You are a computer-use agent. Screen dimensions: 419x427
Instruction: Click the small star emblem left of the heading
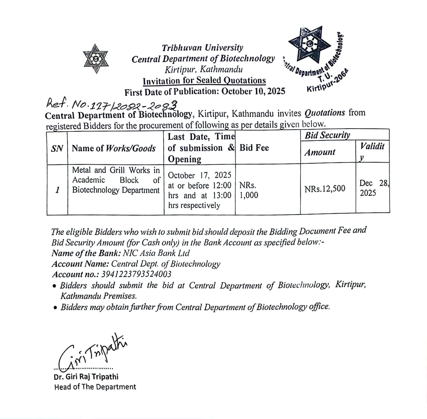96,59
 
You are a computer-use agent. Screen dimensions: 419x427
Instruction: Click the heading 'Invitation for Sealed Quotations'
204,81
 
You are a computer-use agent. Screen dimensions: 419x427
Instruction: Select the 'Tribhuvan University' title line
202,48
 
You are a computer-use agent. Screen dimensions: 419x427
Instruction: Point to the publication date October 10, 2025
253,91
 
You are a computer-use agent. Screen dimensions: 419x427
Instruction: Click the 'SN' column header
57,148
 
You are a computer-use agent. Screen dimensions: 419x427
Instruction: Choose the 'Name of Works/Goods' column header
114,148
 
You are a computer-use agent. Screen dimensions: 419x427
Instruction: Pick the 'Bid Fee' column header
254,148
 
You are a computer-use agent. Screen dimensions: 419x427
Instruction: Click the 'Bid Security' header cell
327,135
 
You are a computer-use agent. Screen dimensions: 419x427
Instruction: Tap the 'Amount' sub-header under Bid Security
320,152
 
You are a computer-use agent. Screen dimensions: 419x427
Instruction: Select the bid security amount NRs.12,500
325,189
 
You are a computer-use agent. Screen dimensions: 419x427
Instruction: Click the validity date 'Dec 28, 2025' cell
373,188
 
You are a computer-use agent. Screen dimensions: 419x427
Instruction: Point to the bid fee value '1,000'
249,195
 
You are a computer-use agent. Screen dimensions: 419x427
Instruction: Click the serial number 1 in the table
57,190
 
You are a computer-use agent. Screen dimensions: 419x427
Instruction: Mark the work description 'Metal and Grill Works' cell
116,180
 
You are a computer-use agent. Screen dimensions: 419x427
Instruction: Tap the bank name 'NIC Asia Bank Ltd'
156,253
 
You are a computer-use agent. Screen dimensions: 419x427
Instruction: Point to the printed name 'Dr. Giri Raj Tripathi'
86,377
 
